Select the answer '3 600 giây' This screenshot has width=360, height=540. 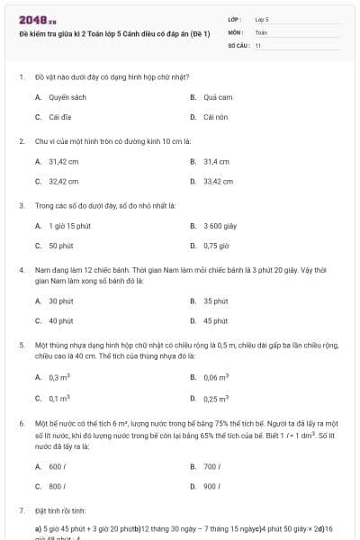(220, 225)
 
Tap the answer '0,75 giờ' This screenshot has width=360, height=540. (216, 245)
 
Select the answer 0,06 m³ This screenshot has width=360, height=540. (216, 378)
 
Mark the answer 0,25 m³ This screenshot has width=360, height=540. (216, 398)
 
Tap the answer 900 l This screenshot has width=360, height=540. (212, 486)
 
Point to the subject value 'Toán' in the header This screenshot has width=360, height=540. (261, 31)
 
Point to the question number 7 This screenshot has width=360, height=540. (22, 509)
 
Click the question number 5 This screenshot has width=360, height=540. (22, 345)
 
